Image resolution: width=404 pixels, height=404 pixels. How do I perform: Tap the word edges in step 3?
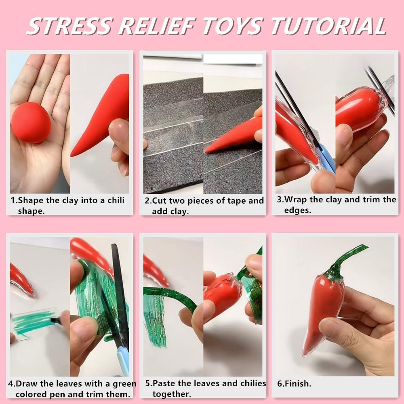298,210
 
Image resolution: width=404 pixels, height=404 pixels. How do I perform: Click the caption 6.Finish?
294,384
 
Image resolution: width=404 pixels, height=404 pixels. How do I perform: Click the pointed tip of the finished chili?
304,355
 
